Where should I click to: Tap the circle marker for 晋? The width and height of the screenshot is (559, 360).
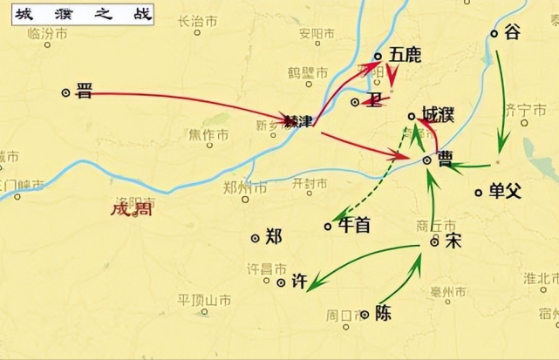[x=65, y=92]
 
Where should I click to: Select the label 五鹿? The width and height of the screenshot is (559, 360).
[x=406, y=55]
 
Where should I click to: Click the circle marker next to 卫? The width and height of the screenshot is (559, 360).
[x=355, y=102]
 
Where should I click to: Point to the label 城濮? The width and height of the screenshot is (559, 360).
[x=435, y=114]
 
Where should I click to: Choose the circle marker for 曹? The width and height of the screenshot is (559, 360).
[x=426, y=160]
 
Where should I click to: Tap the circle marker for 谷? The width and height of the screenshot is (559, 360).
[x=494, y=34]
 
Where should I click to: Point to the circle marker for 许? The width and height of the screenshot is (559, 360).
[x=281, y=282]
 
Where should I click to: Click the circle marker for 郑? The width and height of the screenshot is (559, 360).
[x=255, y=237]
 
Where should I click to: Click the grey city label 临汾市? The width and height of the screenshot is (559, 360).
[x=46, y=33]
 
